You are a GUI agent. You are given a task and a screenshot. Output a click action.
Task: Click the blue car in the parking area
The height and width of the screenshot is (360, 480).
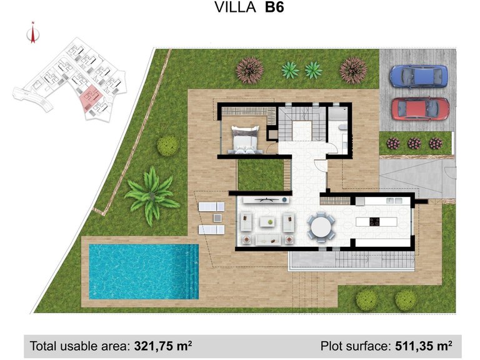click(419, 76)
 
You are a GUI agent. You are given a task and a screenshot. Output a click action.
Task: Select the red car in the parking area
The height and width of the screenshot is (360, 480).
click(420, 108)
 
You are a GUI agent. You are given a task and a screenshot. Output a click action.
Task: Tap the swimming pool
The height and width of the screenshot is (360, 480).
click(143, 271)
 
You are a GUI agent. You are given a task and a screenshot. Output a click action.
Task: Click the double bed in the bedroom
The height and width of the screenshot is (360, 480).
click(245, 139)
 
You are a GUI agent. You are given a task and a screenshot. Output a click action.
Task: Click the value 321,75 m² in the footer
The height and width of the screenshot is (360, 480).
click(162, 345)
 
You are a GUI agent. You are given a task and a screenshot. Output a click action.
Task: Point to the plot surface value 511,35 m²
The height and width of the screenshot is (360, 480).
click(421, 345)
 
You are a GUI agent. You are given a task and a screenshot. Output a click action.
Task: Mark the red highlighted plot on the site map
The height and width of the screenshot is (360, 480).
click(89, 97)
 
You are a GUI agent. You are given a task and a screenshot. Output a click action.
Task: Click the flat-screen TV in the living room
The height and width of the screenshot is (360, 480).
click(267, 199)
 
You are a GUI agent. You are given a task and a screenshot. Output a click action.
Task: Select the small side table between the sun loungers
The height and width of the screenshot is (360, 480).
click(217, 217)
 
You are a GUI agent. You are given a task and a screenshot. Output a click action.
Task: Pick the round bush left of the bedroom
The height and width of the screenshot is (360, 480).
click(167, 146)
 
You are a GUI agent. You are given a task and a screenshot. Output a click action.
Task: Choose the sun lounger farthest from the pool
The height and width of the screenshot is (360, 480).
click(211, 206)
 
